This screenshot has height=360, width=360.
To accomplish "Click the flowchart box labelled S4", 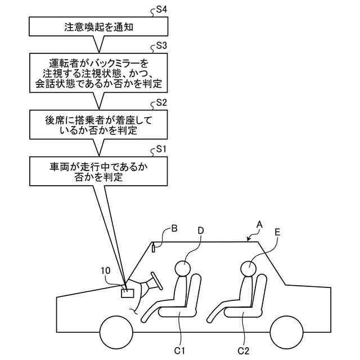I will [x=97, y=26].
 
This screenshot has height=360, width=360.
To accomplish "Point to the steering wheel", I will [x=155, y=281].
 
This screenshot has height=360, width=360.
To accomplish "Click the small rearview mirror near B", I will [x=154, y=248].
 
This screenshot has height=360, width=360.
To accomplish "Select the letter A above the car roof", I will [x=259, y=223].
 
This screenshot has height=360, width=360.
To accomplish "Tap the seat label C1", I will [x=179, y=350].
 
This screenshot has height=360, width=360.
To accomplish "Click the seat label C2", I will [x=244, y=350].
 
